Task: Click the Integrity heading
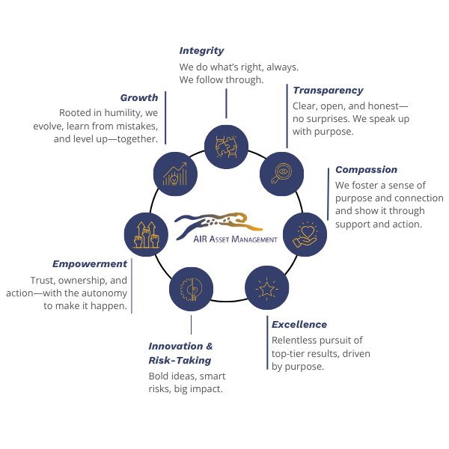201,51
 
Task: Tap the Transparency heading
328,91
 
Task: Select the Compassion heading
366,170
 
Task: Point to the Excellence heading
299,325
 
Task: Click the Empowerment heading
90,264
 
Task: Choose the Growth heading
139,97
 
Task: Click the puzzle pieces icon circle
226,146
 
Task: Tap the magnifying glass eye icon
281,173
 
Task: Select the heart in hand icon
305,233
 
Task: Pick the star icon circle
267,288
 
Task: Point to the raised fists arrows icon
145,233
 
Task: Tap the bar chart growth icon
174,173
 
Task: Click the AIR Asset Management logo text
235,239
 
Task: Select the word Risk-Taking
180,361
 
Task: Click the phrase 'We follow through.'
222,80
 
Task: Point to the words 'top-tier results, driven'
321,353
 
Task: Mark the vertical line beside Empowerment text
132,286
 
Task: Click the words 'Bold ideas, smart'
187,376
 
